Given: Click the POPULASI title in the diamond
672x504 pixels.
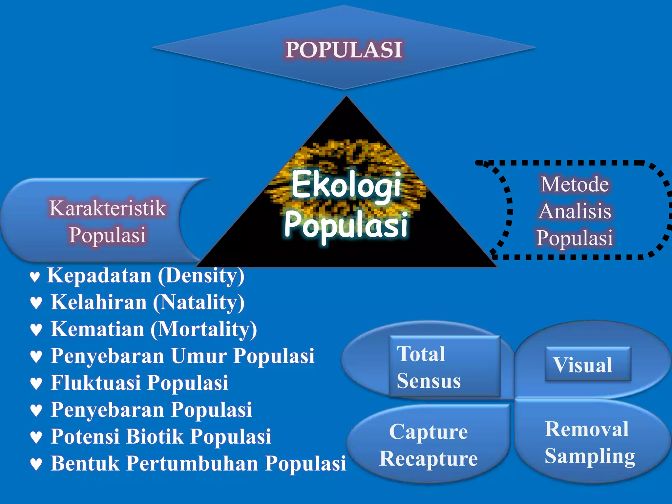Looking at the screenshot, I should click(x=344, y=50).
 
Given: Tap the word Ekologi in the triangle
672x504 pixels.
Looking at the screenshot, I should click(x=346, y=186).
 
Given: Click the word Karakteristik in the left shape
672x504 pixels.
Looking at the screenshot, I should click(x=107, y=208).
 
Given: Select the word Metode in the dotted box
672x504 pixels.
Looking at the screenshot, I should click(x=575, y=184).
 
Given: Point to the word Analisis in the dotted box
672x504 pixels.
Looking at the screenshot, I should click(x=575, y=211).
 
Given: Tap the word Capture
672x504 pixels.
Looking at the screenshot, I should click(x=428, y=431).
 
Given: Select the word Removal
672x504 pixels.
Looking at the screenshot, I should click(x=587, y=429).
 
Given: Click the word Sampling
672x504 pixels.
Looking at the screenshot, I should click(x=590, y=456).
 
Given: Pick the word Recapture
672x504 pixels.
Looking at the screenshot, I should click(x=428, y=458).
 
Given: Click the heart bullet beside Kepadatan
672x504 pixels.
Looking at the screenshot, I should click(x=35, y=277).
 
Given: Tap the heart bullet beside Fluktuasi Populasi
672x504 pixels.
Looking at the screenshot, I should click(x=36, y=384).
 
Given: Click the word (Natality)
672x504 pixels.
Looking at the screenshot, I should click(x=199, y=302).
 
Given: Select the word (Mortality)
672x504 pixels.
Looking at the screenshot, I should click(x=204, y=329).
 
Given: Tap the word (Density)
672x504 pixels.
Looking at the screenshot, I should click(x=201, y=276).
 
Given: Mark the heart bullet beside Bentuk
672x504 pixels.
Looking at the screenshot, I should click(x=36, y=464).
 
